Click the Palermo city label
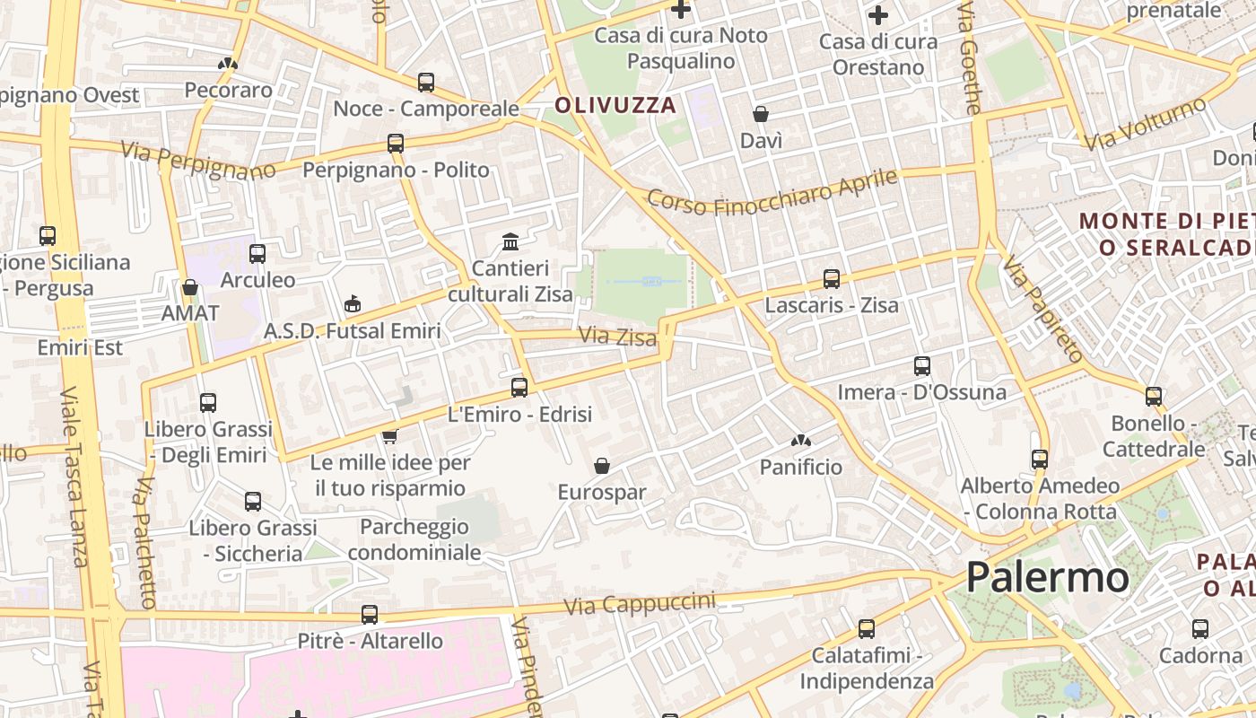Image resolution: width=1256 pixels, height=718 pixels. point(1047,577)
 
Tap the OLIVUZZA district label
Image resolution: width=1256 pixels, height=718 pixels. point(615,105)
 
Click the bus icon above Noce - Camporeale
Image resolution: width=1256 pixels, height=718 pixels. point(426,83)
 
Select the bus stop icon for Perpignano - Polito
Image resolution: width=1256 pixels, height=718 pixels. point(396,144)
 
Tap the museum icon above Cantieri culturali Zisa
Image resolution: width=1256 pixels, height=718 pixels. point(510,241)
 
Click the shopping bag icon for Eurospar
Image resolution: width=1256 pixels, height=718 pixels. point(602,466)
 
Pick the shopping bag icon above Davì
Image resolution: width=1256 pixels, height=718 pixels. point(761,114)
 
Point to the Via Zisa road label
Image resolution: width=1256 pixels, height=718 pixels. point(618,337)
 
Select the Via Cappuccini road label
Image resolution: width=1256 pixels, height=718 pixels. point(640,604)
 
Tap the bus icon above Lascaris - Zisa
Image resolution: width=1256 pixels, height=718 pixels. point(832,279)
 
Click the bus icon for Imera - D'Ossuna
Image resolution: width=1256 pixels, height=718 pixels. point(922,366)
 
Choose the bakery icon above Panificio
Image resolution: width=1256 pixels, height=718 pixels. point(800,441)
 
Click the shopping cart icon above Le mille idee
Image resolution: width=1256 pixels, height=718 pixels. point(389,436)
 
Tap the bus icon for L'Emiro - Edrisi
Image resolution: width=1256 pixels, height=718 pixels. point(519,388)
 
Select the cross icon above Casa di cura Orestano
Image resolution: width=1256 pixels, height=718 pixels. point(878,15)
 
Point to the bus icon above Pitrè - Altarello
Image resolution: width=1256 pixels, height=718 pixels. point(370,615)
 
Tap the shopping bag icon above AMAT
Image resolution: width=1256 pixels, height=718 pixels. point(190,287)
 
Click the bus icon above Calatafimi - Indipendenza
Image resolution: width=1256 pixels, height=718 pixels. point(867,629)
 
